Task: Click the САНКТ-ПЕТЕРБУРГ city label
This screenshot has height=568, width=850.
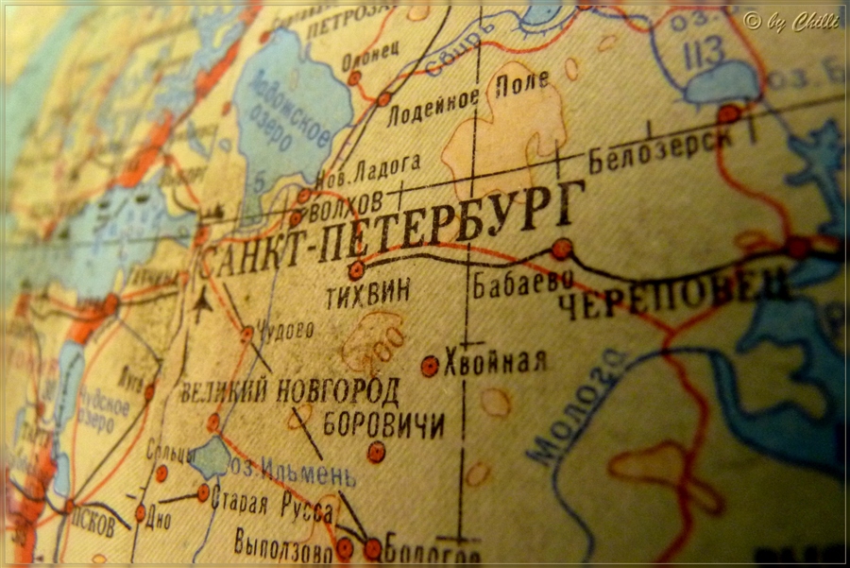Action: (387, 232)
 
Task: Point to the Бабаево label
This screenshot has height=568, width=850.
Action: (510, 281)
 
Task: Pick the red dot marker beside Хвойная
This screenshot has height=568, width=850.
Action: (430, 366)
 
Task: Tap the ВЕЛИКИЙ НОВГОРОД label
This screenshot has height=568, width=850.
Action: (289, 388)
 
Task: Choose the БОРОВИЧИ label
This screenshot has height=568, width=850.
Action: (383, 424)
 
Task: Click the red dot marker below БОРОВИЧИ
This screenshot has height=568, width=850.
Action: (376, 452)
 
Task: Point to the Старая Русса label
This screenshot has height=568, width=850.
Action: (271, 505)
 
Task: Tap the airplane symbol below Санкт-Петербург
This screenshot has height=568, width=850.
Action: (200, 306)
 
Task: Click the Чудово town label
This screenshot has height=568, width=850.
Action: (284, 330)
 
